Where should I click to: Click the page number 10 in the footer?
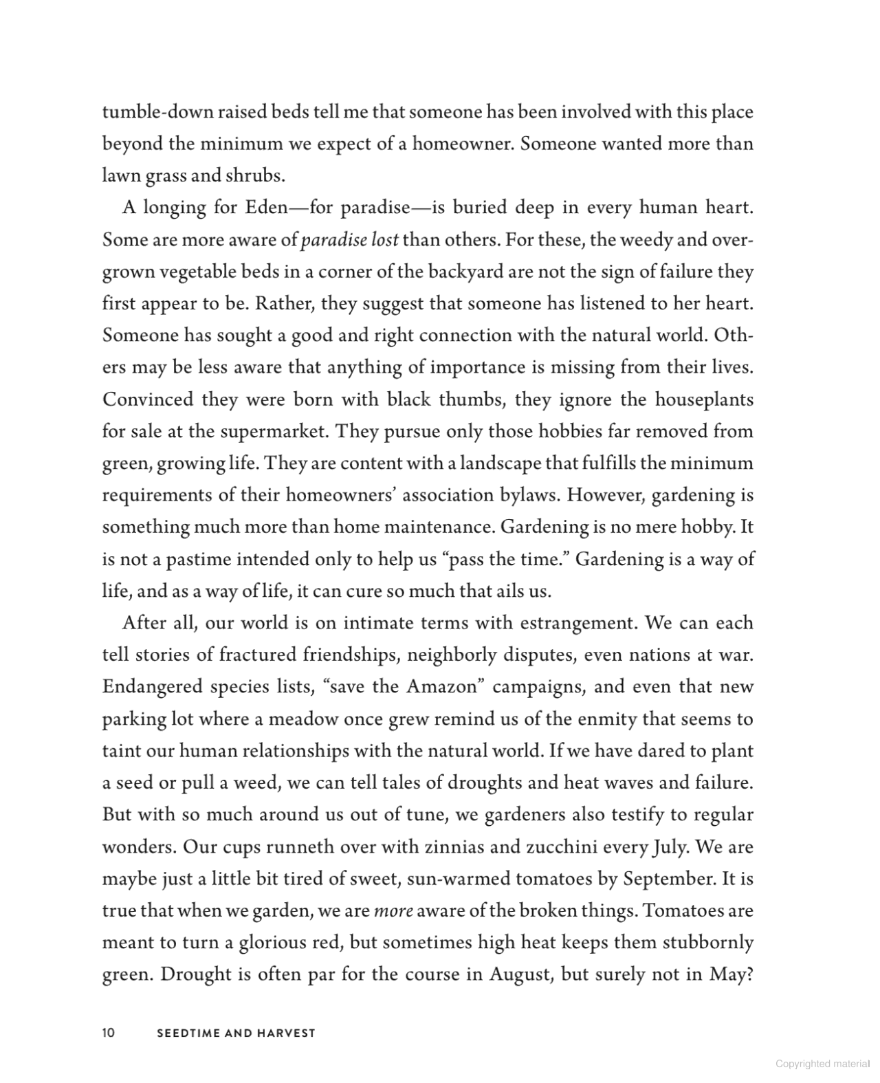click(x=108, y=1033)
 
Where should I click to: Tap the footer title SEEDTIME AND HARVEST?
click(x=236, y=1033)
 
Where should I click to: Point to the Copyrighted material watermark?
click(x=822, y=1064)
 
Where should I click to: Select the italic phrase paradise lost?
click(x=350, y=240)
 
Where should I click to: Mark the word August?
click(x=519, y=974)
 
